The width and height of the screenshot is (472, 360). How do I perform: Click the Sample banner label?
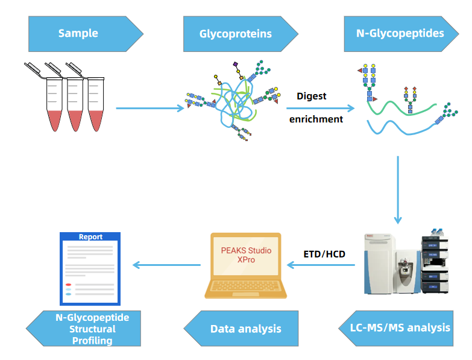click(x=78, y=34)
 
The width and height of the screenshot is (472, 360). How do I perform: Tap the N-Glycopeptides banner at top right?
click(x=400, y=33)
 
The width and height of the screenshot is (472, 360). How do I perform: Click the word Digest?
click(x=311, y=96)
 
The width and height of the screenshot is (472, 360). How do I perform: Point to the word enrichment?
click(x=316, y=119)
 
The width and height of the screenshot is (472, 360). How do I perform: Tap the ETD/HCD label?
click(x=324, y=254)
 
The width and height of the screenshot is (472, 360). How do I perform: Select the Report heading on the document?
click(x=90, y=237)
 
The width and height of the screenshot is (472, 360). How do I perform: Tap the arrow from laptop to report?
click(x=166, y=265)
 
